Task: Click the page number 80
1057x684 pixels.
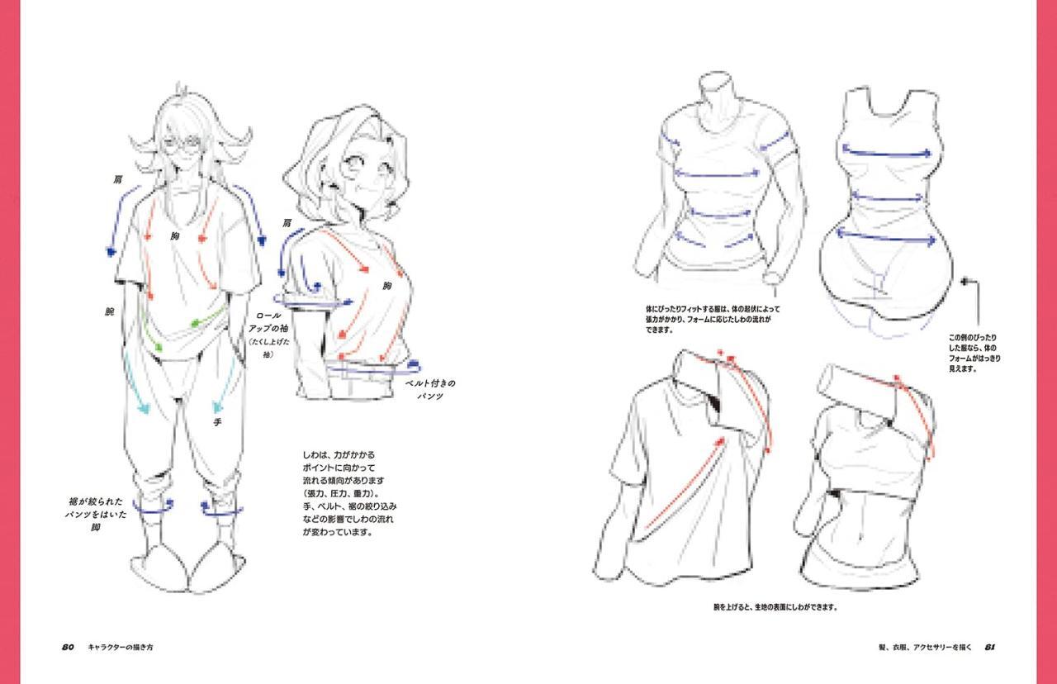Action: click(69, 647)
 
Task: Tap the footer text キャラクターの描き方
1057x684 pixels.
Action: click(121, 647)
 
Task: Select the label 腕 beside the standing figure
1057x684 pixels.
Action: click(109, 312)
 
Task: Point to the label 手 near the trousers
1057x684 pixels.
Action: click(217, 421)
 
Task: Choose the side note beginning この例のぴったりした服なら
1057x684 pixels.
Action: click(974, 354)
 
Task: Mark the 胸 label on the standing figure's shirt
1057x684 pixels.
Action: click(175, 236)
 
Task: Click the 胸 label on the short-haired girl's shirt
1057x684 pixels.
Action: click(386, 286)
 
